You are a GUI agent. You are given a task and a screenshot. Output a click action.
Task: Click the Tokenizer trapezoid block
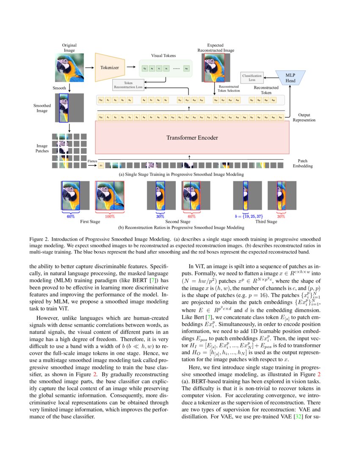tap(110, 67)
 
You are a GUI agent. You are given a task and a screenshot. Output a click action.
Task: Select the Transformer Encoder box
tap(189, 138)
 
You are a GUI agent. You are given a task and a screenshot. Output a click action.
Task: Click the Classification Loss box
tap(252, 77)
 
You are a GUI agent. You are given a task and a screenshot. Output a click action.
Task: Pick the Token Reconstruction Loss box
tap(128, 85)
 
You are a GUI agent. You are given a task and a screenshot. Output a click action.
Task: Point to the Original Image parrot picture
tap(69, 68)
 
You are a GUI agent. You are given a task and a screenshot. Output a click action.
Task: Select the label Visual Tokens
tap(163, 55)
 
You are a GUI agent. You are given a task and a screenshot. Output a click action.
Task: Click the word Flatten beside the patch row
tap(92, 161)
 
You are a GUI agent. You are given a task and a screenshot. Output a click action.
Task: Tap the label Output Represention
tap(304, 117)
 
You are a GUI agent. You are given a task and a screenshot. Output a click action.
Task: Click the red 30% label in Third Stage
tap(281, 216)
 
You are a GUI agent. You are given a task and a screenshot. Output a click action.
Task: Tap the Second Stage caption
tap(178, 222)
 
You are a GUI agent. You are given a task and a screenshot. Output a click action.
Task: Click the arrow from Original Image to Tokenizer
tap(89, 67)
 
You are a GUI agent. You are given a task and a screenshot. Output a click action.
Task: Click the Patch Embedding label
tap(302, 164)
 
